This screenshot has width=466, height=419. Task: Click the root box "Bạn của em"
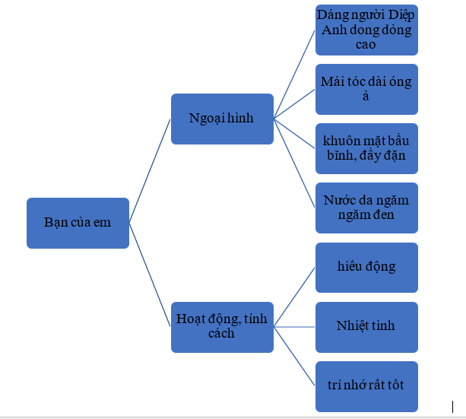point(78,223)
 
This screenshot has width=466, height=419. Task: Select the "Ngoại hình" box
point(222,119)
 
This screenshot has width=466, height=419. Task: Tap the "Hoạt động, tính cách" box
point(222,327)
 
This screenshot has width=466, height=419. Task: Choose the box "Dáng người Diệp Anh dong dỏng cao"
point(366,30)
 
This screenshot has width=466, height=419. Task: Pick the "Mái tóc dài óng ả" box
point(366,89)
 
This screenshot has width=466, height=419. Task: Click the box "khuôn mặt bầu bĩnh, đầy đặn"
point(366,149)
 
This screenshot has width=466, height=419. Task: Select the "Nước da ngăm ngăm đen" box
point(366,208)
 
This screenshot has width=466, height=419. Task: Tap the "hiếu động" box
point(366,268)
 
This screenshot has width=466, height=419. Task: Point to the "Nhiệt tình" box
point(366,327)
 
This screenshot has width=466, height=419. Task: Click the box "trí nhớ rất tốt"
point(366,386)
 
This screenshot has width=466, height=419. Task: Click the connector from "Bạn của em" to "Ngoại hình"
point(150,171)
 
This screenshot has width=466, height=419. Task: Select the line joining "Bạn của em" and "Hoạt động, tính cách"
point(150,275)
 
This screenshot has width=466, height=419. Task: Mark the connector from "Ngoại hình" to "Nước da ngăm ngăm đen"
point(294,163)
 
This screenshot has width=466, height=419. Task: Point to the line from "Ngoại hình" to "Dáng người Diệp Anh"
point(294,75)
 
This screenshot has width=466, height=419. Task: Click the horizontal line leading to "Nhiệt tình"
point(294,327)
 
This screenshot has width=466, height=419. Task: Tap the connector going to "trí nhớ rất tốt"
point(294,357)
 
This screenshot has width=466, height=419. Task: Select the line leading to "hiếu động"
point(294,297)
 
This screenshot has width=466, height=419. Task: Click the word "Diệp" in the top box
point(401,15)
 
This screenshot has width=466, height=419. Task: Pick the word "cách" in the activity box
point(221,333)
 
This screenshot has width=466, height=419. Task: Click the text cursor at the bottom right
point(452,407)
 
